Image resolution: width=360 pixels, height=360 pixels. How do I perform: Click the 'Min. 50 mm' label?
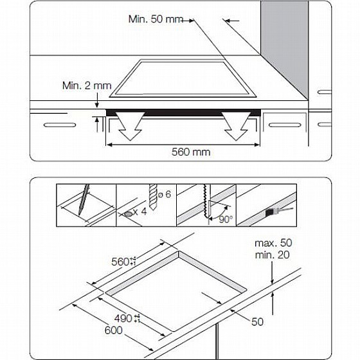[x=156, y=19]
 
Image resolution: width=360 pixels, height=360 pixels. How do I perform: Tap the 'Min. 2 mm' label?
[x=87, y=85]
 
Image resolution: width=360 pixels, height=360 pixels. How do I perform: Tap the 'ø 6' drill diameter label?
[x=163, y=194]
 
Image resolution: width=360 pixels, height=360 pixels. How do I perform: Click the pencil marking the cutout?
[x=84, y=201]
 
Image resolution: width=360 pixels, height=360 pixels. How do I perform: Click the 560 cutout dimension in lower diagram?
[x=120, y=262]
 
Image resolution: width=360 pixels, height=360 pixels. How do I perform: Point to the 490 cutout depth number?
[x=125, y=318]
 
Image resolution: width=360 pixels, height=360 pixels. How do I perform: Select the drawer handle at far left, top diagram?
[x=56, y=123]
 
